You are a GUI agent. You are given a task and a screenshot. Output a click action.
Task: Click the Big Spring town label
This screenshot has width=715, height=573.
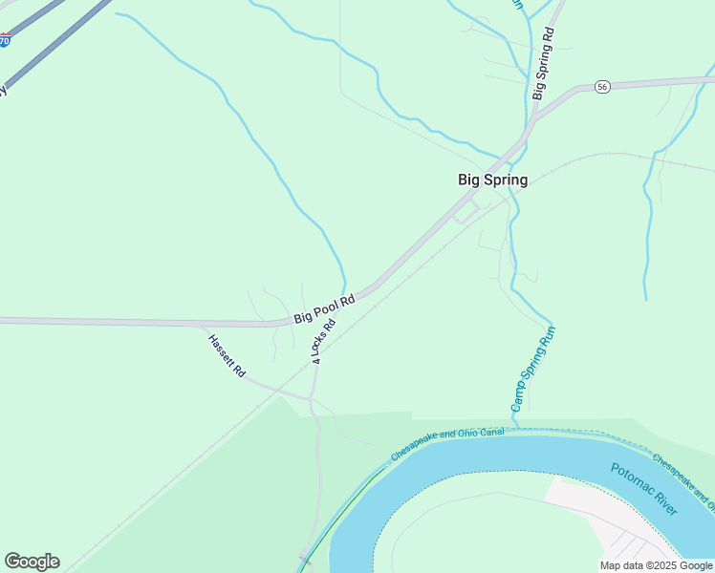pos(492,180)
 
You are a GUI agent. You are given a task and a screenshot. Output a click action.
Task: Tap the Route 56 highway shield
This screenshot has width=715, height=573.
pos(601,87)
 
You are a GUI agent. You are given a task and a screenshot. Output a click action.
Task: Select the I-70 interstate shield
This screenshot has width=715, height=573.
pos(6,41)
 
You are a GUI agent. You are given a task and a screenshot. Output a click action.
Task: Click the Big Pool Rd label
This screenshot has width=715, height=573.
pos(325,308)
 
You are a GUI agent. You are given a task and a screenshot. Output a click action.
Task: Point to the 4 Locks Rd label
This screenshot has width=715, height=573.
pos(323,340)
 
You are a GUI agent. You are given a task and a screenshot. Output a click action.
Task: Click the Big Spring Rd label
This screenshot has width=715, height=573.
pos(543,63)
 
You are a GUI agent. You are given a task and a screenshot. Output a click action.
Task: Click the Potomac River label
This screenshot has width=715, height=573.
pos(644,488)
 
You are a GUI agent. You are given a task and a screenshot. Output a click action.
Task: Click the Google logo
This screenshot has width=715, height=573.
pos(32,562)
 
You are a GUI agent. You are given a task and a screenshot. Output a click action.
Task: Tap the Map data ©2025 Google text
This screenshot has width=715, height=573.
pos(656,565)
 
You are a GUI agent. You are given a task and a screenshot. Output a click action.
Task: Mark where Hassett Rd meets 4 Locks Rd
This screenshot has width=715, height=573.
pos(312,396)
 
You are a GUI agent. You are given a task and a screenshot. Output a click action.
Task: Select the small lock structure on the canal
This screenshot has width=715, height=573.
pos(306,558)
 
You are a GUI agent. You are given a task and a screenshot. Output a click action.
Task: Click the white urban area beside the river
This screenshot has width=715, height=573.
pos(593,505)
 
